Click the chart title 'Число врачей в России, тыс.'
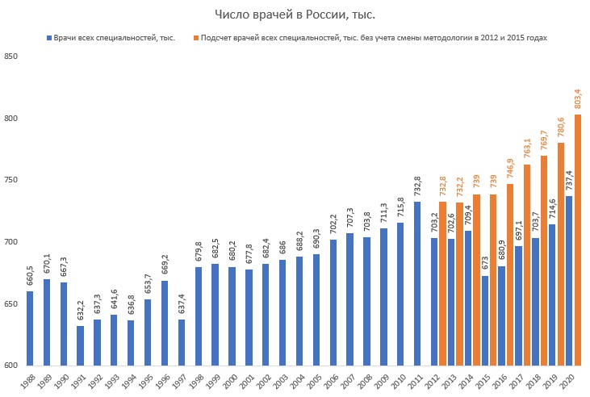(295, 15)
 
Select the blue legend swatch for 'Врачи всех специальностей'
(50, 38)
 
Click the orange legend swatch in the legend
(196, 38)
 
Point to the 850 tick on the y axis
(10, 56)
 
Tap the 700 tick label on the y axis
(10, 242)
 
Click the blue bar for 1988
(30, 328)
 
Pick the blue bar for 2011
(418, 283)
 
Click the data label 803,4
(578, 98)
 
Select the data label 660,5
(30, 274)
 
